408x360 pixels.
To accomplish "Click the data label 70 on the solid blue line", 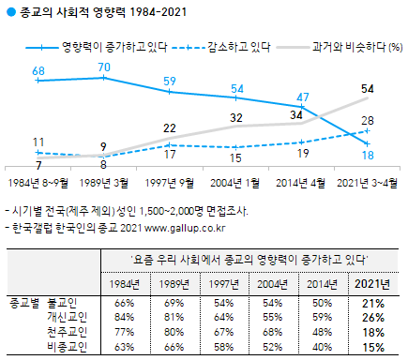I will [x=105, y=67].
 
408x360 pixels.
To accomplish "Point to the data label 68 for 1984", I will [x=38, y=70].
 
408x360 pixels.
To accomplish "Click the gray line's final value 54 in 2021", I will [x=369, y=89].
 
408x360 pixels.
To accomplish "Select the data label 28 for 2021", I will [x=369, y=120].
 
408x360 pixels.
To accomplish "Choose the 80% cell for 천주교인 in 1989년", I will [x=170, y=332].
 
